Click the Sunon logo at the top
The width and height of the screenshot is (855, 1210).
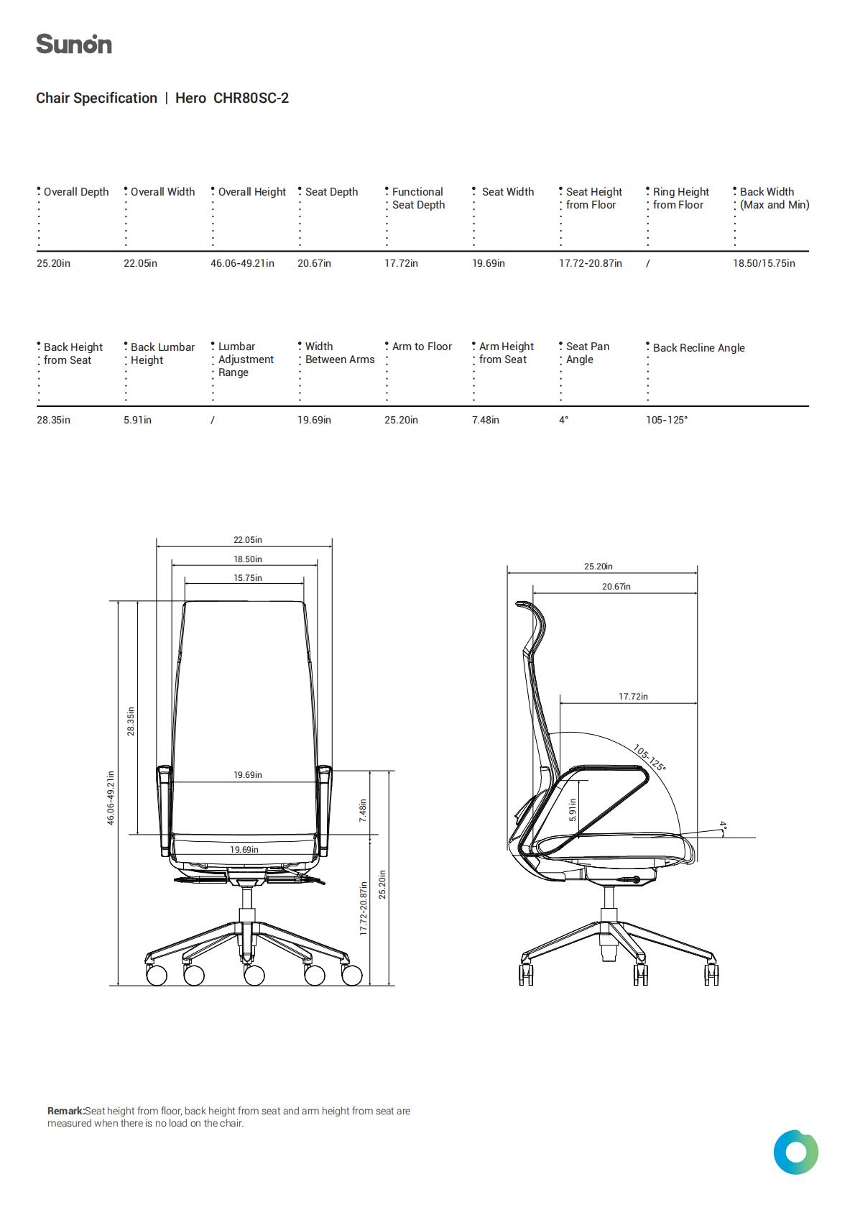pyautogui.click(x=74, y=44)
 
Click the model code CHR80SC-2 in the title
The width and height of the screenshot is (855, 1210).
pyautogui.click(x=251, y=98)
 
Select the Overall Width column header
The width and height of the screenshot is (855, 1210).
pyautogui.click(x=162, y=192)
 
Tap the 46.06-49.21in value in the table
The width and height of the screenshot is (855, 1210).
pyautogui.click(x=242, y=263)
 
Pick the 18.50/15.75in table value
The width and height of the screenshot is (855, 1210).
pyautogui.click(x=764, y=263)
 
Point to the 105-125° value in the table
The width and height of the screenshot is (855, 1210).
pyautogui.click(x=667, y=420)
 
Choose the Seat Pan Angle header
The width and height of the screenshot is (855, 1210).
pyautogui.click(x=587, y=353)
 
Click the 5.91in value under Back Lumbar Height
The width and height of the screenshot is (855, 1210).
pyautogui.click(x=137, y=420)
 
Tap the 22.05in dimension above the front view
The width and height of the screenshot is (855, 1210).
pyautogui.click(x=248, y=540)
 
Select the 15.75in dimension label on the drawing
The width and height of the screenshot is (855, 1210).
pyautogui.click(x=248, y=578)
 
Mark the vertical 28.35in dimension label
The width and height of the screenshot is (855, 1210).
pyautogui.click(x=131, y=721)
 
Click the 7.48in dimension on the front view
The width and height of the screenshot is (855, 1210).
pyautogui.click(x=363, y=810)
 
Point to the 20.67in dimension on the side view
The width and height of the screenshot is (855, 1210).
pyautogui.click(x=616, y=587)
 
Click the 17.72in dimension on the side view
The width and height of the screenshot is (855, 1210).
pyautogui.click(x=633, y=697)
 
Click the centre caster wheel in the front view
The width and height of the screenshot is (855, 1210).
pyautogui.click(x=254, y=975)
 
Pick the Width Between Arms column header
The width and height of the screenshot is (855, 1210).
pyautogui.click(x=340, y=353)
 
